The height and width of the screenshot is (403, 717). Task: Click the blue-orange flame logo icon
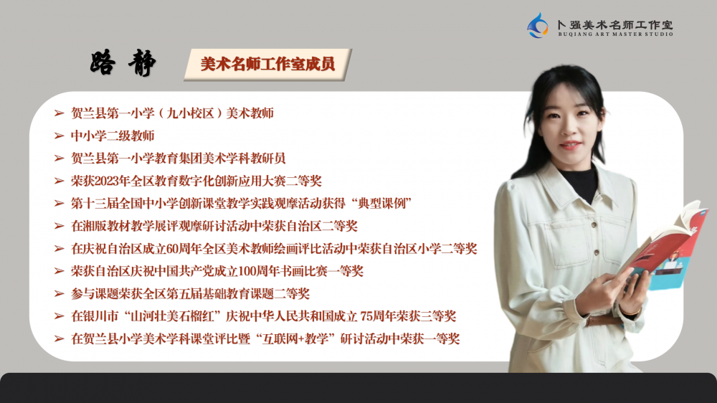coord(537,25)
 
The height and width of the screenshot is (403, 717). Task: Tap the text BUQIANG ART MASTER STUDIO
coord(615,34)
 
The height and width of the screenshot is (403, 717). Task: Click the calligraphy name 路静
coord(123,62)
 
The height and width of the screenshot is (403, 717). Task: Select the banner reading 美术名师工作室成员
coord(267,65)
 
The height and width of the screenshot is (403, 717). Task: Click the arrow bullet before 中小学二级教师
coord(59,136)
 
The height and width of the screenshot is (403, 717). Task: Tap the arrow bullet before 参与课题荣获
coord(59,294)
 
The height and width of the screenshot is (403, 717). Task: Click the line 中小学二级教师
coord(113,136)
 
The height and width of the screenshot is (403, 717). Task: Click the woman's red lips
coord(570,146)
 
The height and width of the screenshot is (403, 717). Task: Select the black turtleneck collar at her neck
coord(579,181)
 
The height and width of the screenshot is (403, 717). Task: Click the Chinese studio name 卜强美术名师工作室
coord(615,24)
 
